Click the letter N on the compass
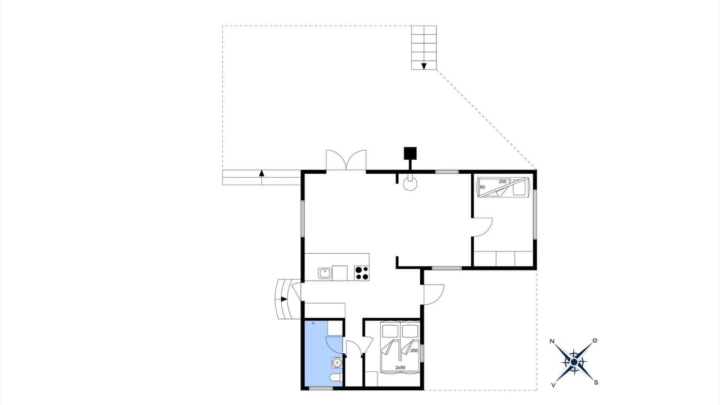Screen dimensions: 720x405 click(552, 341)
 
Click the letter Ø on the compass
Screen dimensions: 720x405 click(595, 340)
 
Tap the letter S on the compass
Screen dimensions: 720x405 click(596, 382)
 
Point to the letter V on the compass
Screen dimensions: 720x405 click(553, 385)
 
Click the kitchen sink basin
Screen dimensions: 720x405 click(325, 273)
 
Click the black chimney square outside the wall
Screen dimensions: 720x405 click(410, 154)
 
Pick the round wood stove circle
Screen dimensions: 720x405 click(411, 184)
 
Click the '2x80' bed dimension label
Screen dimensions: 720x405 click(400, 367)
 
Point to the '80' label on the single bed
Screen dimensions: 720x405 click(482, 187)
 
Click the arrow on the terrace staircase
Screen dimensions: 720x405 click(424, 66)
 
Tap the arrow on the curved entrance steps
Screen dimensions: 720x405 click(284, 299)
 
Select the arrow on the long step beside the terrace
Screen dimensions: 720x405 click(262, 173)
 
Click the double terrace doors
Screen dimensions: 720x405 click(346, 160)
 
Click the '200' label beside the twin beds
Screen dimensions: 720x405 click(414, 350)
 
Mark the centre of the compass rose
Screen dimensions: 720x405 click(574, 362)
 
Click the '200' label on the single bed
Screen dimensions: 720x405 click(503, 182)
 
